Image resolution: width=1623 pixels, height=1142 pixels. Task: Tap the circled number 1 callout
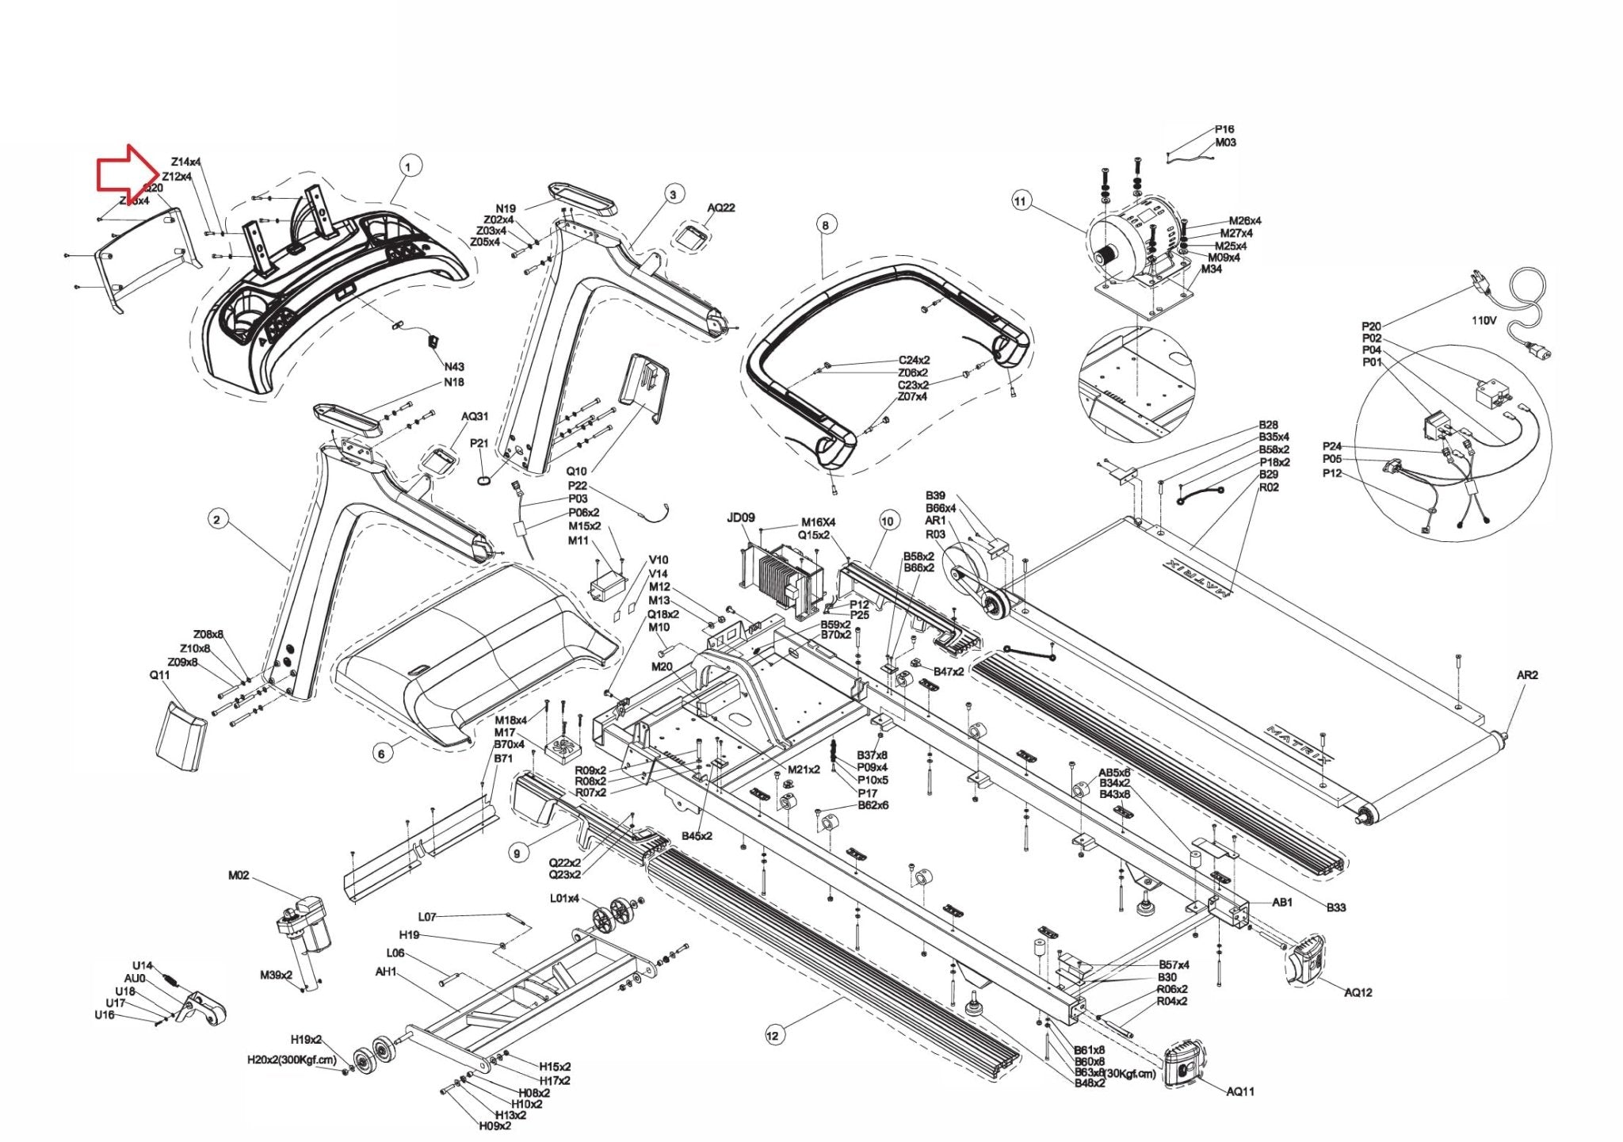point(408,167)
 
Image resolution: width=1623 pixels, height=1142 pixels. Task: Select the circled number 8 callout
point(825,226)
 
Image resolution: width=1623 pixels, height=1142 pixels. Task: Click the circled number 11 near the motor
point(1019,201)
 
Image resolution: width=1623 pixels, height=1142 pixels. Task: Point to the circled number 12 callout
point(773,1034)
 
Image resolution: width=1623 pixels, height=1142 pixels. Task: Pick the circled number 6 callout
point(381,753)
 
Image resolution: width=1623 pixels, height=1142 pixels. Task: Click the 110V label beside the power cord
point(1484,321)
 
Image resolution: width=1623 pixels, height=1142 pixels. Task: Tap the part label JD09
point(740,518)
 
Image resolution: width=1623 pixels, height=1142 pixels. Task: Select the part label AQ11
point(1240,1091)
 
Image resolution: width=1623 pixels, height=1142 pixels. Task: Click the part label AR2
point(1527,675)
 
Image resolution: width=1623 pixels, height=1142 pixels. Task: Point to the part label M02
point(239,876)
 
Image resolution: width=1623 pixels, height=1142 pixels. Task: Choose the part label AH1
point(386,972)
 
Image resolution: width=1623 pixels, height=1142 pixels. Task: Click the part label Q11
point(160,675)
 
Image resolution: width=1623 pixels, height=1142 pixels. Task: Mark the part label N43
point(454,367)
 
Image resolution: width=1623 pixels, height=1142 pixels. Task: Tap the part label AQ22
point(721,208)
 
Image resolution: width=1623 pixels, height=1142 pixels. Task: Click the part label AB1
point(1282,902)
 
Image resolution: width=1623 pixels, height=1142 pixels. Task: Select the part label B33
point(1336,907)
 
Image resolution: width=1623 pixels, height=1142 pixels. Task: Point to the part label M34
point(1211,269)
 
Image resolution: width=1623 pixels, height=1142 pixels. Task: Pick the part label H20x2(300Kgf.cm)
point(292,1059)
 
